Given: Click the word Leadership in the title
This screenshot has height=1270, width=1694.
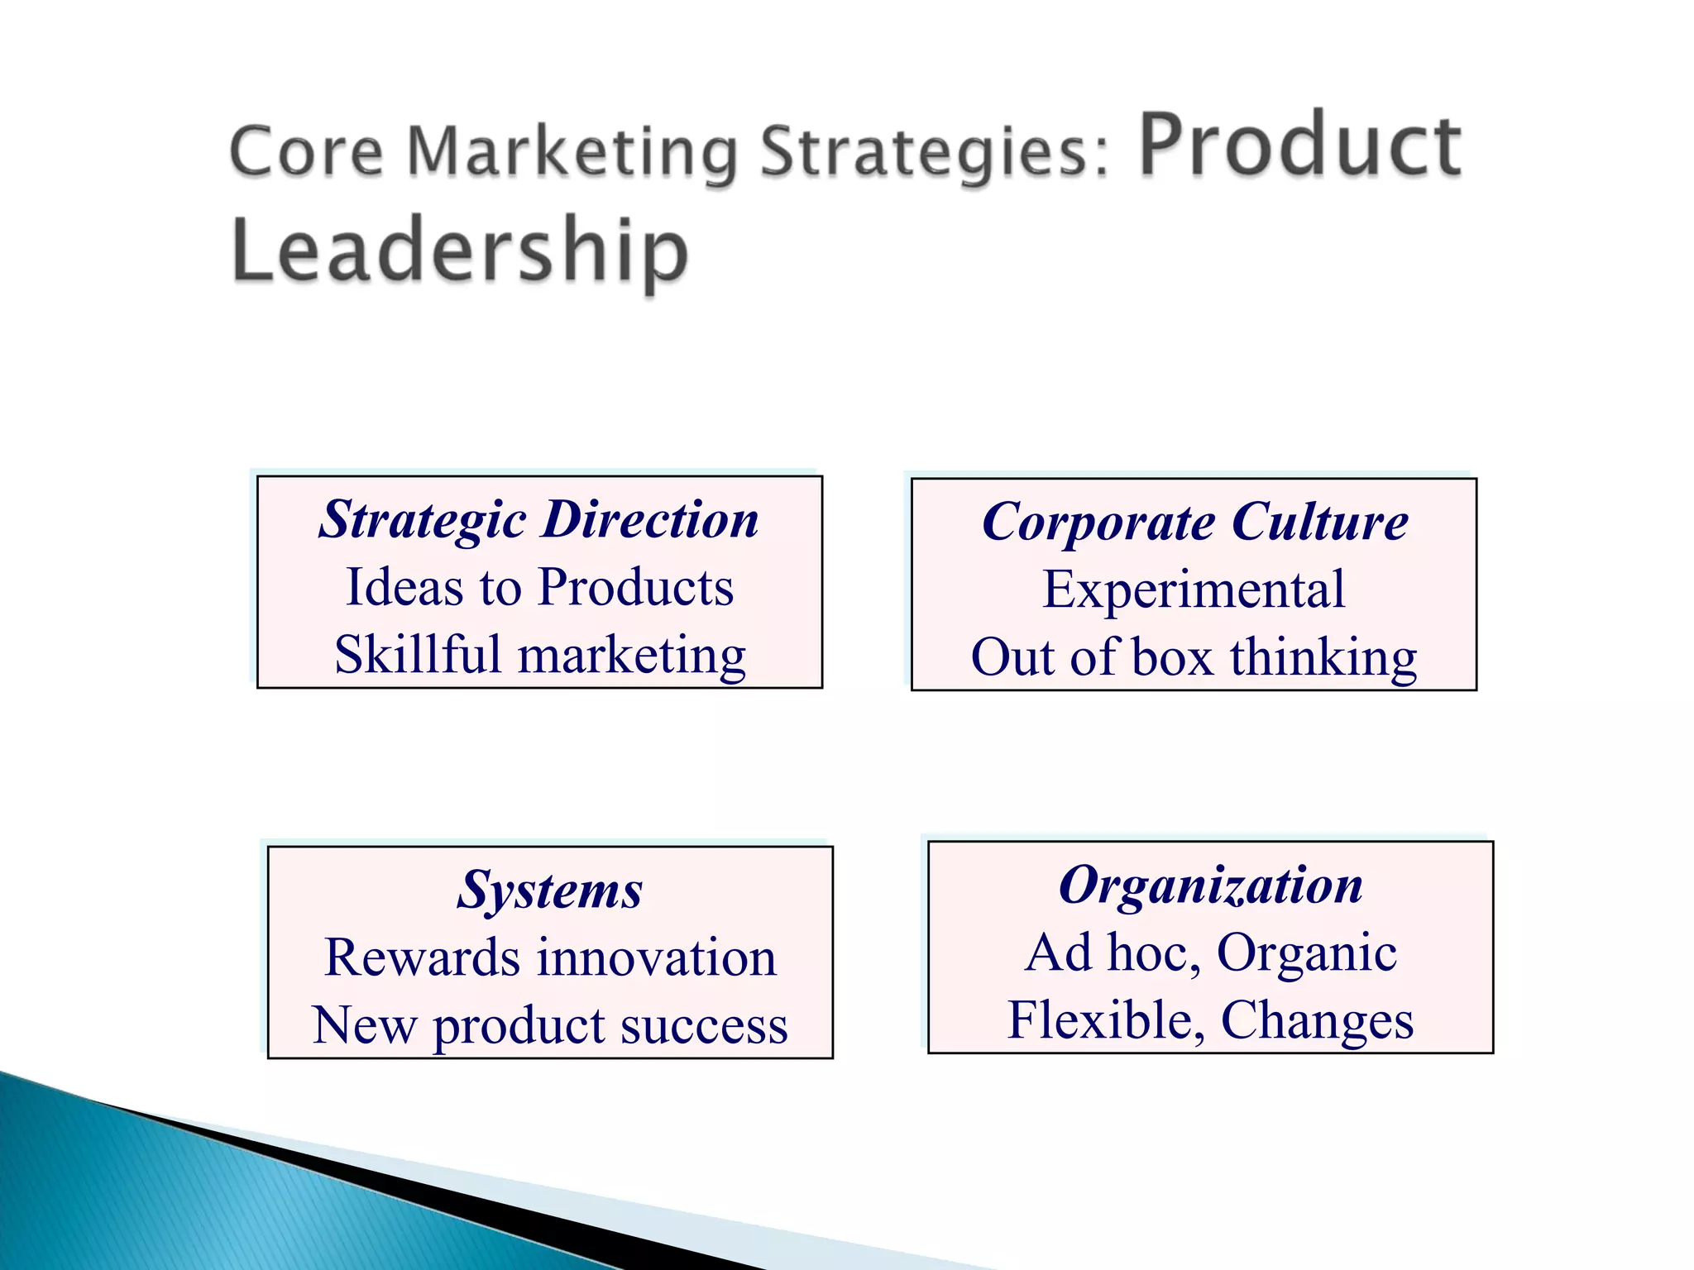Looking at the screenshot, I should pos(460,250).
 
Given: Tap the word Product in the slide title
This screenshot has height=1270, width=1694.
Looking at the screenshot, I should pos(1299,146).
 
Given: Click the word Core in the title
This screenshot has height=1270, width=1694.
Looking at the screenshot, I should pos(306,152).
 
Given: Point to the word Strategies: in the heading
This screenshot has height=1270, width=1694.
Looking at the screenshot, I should pos(935,152).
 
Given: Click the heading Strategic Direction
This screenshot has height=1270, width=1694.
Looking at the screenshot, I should pos(539,520).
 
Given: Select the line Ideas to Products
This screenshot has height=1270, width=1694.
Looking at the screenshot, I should pos(539,587).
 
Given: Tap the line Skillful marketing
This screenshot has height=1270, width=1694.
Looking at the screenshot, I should pos(539,655).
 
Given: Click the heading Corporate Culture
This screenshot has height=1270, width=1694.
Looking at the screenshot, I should pos(1194,523).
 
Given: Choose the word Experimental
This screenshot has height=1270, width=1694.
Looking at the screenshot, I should pos(1194,590).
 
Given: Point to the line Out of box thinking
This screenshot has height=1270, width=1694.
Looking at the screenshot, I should pos(1194,657).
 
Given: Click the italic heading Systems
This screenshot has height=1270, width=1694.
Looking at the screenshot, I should pos(550,890).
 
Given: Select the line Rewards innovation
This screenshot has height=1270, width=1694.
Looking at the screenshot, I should pos(550,957).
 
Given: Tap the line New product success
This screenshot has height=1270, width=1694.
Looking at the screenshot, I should pos(550,1025).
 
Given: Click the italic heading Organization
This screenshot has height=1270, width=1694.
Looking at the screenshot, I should pos(1211,886).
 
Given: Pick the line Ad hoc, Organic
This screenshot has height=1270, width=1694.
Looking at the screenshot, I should pos(1211,952).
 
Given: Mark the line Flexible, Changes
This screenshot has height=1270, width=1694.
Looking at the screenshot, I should pos(1211,1020).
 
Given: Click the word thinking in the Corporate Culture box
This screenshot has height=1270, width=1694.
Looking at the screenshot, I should pos(1323,659).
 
